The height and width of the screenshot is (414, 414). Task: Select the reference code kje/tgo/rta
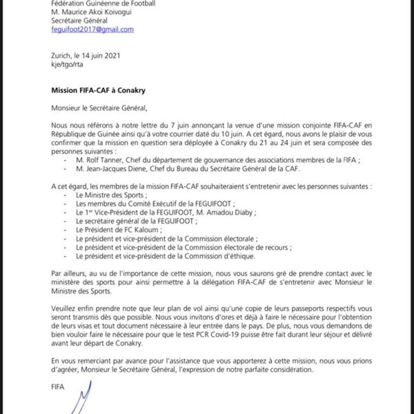tap(70, 71)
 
